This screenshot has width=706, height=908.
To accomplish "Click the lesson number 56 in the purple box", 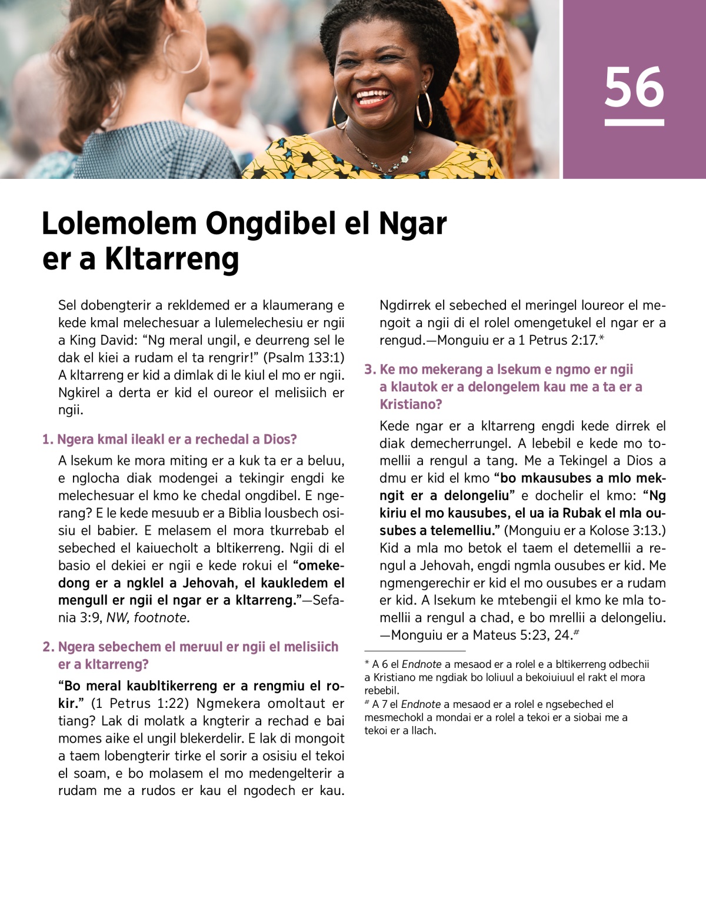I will pyautogui.click(x=634, y=87).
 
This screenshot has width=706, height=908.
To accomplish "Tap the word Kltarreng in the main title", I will pyautogui.click(x=172, y=259).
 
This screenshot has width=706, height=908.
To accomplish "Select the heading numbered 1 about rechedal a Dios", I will pyautogui.click(x=169, y=440).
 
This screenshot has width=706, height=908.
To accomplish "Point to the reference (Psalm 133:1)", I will pyautogui.click(x=304, y=358).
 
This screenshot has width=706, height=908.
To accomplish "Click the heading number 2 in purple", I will pyautogui.click(x=48, y=647).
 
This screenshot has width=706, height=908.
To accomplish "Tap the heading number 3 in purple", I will pyautogui.click(x=369, y=370).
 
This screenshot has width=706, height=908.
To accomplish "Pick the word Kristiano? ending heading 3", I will pyautogui.click(x=411, y=405).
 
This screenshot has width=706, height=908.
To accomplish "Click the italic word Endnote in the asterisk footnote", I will pyautogui.click(x=421, y=664).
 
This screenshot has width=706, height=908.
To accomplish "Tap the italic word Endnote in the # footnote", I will pyautogui.click(x=421, y=704).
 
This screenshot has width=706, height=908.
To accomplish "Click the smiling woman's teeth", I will pyautogui.click(x=372, y=95).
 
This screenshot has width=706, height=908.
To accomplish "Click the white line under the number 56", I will pyautogui.click(x=634, y=122).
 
